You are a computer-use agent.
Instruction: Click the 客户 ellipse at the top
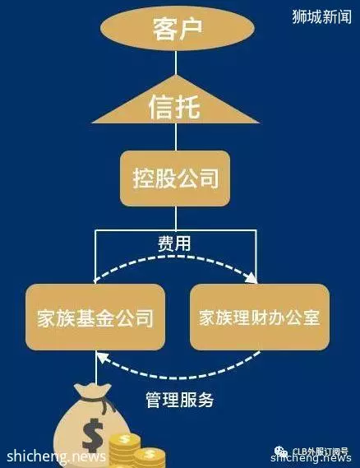(178, 28)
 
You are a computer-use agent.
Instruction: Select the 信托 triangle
(176, 103)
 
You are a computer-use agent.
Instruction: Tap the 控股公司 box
(175, 178)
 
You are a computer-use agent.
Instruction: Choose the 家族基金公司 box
(95, 317)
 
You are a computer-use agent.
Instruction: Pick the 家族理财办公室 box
(260, 317)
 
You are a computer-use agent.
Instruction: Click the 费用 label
(174, 243)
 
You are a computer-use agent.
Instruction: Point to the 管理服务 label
(180, 400)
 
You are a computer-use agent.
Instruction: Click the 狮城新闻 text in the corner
(322, 16)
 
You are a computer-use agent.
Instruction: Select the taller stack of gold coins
(125, 450)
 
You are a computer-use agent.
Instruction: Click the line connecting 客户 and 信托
(176, 63)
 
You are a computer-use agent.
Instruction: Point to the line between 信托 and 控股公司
(176, 137)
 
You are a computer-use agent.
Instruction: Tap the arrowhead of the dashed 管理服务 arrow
(102, 357)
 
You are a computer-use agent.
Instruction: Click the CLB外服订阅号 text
(320, 452)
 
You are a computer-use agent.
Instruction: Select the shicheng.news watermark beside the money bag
(57, 456)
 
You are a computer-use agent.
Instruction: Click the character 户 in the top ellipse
(190, 29)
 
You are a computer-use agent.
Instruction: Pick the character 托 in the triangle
(187, 107)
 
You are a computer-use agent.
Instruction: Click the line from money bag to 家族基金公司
(96, 367)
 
